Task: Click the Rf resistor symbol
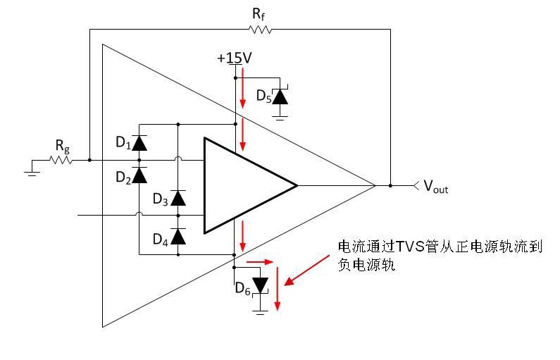(x=261, y=30)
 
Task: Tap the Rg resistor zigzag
(x=61, y=160)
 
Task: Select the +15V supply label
(x=235, y=58)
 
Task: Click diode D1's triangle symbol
(x=139, y=143)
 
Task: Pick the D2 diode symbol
(x=139, y=175)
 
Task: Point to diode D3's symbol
(x=178, y=198)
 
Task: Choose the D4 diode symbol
(x=178, y=236)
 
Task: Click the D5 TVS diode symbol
(x=280, y=96)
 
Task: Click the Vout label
(x=436, y=187)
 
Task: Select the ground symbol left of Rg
(x=32, y=174)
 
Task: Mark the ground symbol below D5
(x=280, y=118)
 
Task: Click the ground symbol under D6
(x=260, y=312)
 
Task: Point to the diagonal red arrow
(x=306, y=270)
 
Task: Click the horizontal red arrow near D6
(x=260, y=262)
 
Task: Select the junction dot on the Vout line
(x=390, y=186)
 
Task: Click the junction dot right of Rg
(x=89, y=160)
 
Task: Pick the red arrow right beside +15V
(x=242, y=87)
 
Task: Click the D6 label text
(x=242, y=289)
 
